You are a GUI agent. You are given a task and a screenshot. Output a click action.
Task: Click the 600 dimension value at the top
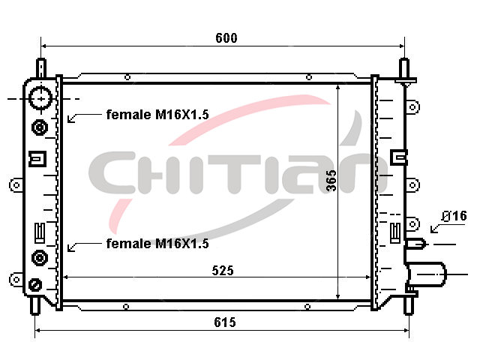[226, 38]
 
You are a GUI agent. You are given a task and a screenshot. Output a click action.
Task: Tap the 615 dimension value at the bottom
[225, 322]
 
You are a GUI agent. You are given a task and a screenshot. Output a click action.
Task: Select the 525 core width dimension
[223, 271]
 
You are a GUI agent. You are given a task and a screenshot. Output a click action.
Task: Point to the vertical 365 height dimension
[331, 181]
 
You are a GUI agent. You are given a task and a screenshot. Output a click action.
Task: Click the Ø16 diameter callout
[454, 216]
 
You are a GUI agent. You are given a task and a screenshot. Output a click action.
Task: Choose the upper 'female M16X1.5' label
[157, 115]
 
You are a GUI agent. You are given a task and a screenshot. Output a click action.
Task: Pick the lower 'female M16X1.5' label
[157, 244]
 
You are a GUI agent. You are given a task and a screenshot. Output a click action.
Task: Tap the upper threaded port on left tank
[40, 127]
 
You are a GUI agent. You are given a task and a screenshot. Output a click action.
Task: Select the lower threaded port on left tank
[40, 258]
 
